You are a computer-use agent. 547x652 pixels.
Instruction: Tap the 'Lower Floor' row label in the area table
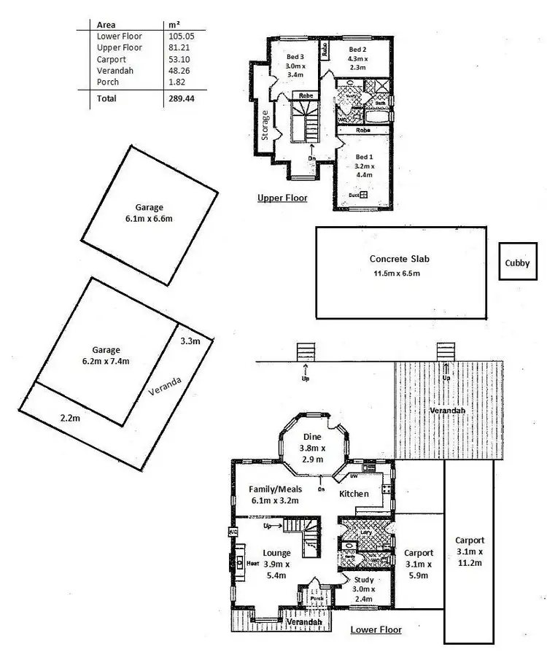119,36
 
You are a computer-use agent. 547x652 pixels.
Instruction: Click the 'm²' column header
174,24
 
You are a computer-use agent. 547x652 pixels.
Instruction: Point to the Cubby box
519,265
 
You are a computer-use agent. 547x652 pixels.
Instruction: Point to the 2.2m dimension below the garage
71,419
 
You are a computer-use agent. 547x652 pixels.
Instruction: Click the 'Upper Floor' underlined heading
282,198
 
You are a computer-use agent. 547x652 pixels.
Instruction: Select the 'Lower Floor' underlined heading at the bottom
376,629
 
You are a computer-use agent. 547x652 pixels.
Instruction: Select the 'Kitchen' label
354,494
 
